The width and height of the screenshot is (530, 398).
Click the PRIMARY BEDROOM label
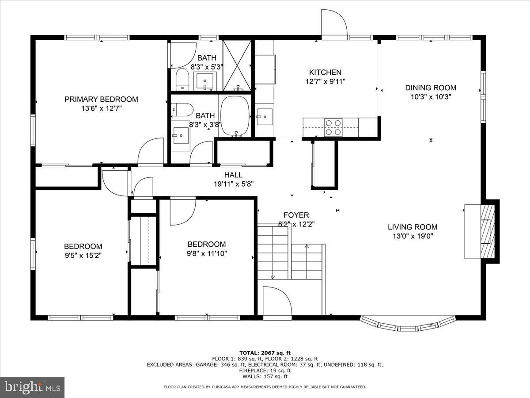[x=101, y=99]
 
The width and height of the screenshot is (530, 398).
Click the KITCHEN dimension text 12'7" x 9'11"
[x=325, y=81]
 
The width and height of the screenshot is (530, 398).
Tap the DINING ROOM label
[x=431, y=88]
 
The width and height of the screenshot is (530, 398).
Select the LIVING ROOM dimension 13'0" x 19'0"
[x=413, y=236]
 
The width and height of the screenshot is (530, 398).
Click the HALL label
[x=233, y=175]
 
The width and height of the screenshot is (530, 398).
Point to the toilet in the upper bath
[x=182, y=79]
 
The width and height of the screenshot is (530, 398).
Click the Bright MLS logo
[x=32, y=387]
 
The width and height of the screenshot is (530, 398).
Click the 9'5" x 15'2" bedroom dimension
[x=83, y=255]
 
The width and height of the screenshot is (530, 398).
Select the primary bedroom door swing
[x=151, y=152]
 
